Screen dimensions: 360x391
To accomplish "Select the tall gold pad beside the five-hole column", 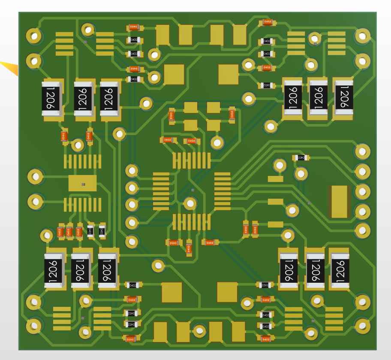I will pyautogui.click(x=339, y=202).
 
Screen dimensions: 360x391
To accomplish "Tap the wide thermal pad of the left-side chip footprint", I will pyautogui.click(x=83, y=183).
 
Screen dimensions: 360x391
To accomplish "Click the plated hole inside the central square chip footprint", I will pyautogui.click(x=189, y=203).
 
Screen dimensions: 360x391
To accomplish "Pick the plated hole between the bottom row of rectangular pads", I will pyautogui.click(x=199, y=331).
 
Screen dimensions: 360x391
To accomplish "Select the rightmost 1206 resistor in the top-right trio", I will pyautogui.click(x=343, y=97).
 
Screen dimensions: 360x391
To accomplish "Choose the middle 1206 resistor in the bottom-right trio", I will pyautogui.click(x=315, y=270).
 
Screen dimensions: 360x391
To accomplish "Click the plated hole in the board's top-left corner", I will pyautogui.click(x=34, y=36).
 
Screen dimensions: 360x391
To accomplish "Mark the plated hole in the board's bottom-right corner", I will pyautogui.click(x=362, y=326).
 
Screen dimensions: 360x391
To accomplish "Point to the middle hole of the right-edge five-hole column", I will pyautogui.click(x=362, y=192).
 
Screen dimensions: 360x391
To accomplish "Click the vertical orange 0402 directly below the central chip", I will pyautogui.click(x=189, y=248).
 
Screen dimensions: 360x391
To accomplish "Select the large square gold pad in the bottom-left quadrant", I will pyautogui.click(x=172, y=292).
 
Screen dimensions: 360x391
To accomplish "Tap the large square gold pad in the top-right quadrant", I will pyautogui.click(x=228, y=74).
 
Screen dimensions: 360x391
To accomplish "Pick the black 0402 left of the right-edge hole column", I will pyautogui.click(x=301, y=158).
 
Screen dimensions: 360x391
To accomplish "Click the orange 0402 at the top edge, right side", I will pyautogui.click(x=267, y=22).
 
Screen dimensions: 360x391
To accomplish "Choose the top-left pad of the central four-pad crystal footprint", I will pyautogui.click(x=190, y=107).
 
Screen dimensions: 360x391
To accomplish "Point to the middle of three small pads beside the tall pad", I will pyautogui.click(x=275, y=202).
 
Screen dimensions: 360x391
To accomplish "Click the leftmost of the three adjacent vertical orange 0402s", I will pyautogui.click(x=60, y=232).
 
